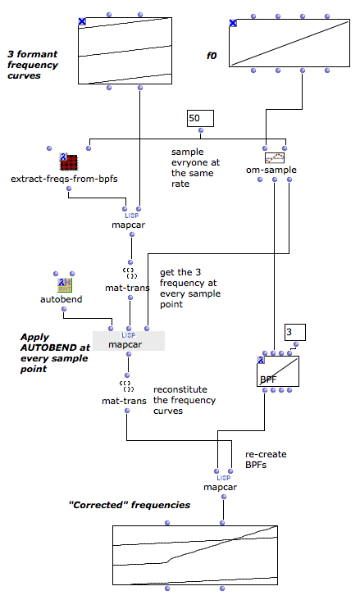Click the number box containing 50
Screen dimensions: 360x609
[x=200, y=119]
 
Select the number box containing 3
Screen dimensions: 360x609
[x=295, y=333]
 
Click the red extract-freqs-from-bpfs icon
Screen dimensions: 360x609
[x=69, y=162]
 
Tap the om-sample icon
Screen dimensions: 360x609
[x=275, y=157]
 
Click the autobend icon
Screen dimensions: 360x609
[x=65, y=285]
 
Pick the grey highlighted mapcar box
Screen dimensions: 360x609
[x=129, y=341]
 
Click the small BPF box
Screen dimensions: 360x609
[x=278, y=371]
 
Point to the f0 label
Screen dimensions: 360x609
[x=212, y=56]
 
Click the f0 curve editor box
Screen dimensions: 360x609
[x=289, y=43]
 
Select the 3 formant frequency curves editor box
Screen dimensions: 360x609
[x=125, y=51]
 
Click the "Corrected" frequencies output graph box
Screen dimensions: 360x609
[x=195, y=555]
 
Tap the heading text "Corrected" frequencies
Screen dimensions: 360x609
[x=130, y=505]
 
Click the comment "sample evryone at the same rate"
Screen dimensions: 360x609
[x=195, y=168]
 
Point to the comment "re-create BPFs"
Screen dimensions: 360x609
[x=266, y=460]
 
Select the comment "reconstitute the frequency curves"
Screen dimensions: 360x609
[x=185, y=400]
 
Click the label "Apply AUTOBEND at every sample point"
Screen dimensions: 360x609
[x=55, y=352]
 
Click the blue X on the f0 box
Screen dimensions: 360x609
[x=233, y=23]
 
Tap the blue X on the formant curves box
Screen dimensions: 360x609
[x=82, y=21]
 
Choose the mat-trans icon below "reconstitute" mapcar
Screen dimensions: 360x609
[x=127, y=386]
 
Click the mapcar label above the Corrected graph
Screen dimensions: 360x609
[x=220, y=487]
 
